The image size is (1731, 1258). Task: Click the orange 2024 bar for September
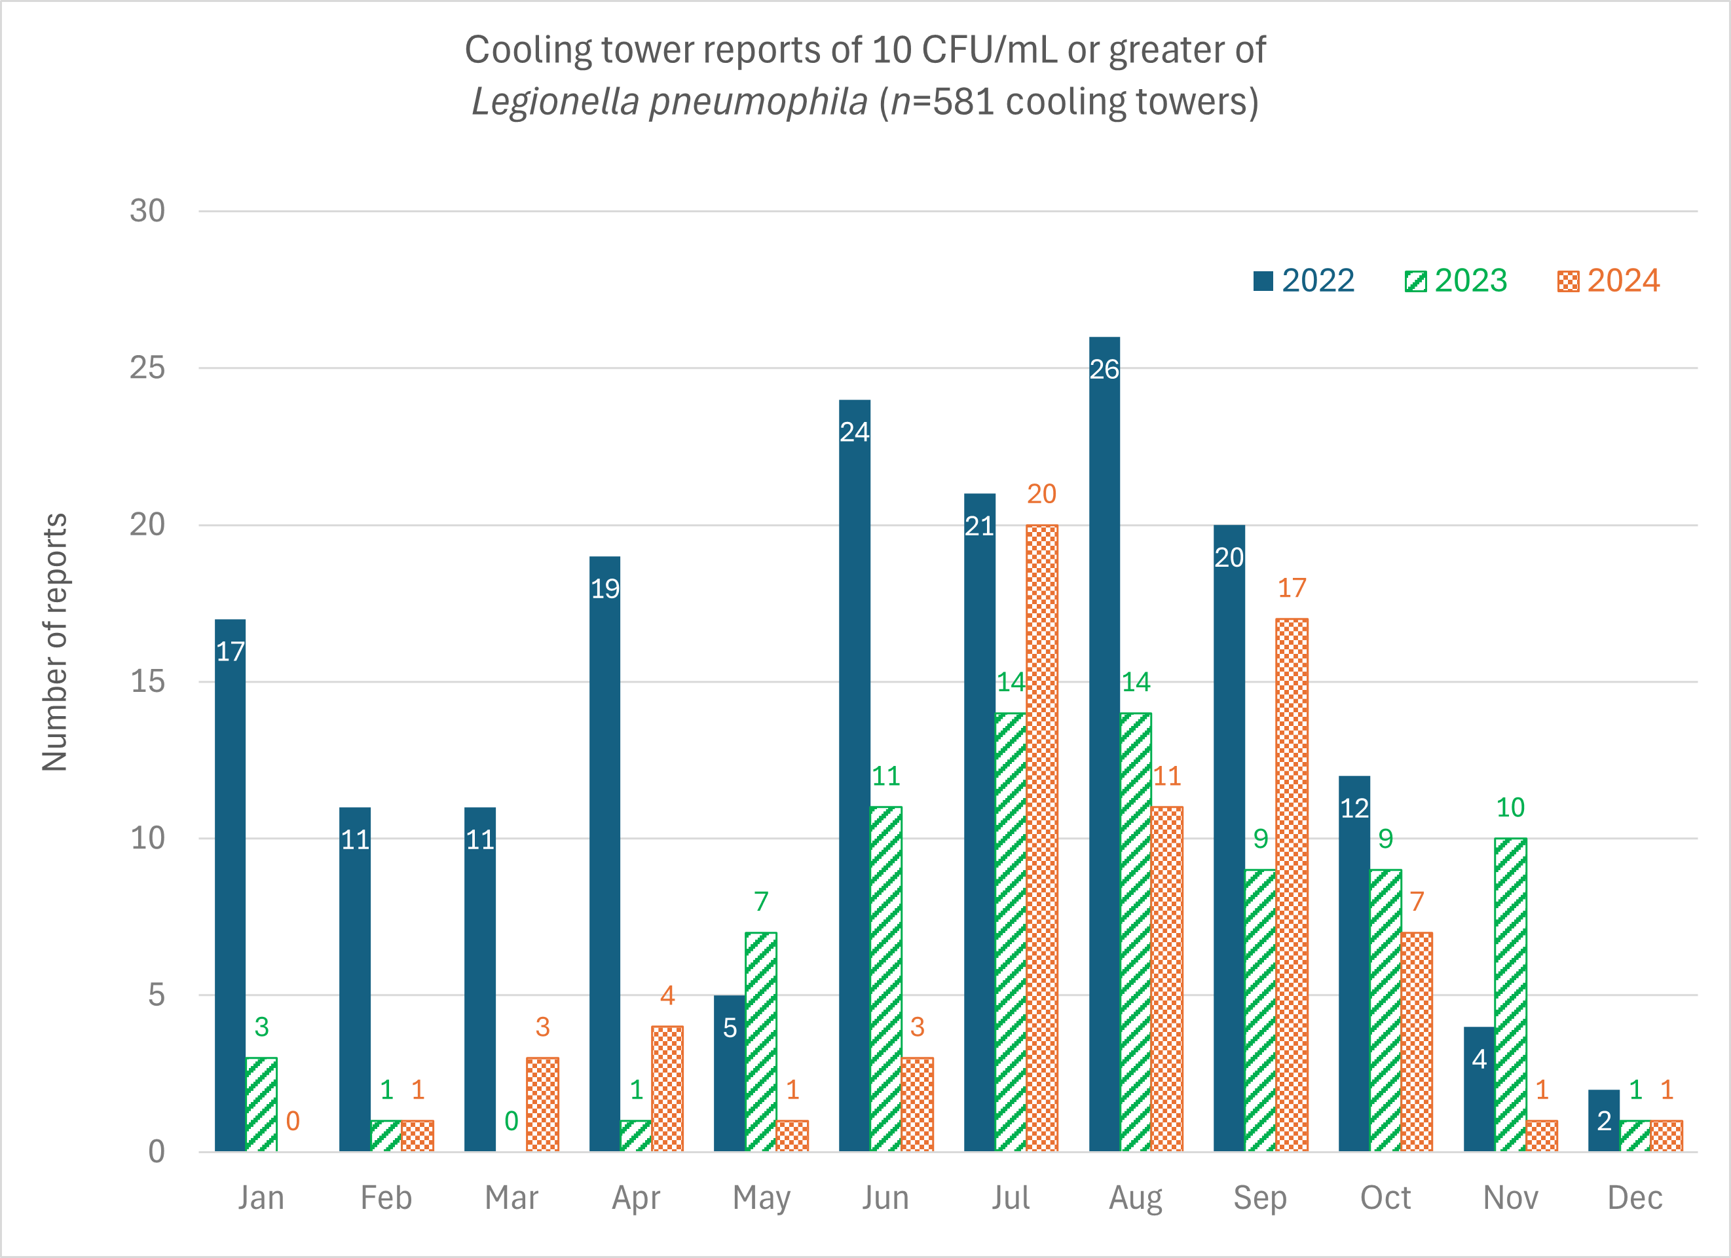[x=1292, y=885]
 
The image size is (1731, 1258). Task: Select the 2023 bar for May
[x=761, y=1042]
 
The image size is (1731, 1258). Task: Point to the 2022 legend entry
[x=1303, y=281]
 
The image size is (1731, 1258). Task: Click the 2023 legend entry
[x=1456, y=281]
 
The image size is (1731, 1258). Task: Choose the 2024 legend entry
[x=1609, y=281]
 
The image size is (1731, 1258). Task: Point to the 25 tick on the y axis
[x=147, y=368]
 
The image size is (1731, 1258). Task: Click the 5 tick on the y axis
[x=156, y=995]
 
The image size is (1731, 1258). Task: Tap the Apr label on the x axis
[x=636, y=1198]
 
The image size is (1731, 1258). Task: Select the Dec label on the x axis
[x=1634, y=1198]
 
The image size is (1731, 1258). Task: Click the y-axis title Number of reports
[x=55, y=642]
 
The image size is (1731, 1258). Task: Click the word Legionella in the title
[x=555, y=102]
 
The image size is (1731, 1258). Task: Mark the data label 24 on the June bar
[x=854, y=432]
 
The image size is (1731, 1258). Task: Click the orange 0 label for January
[x=292, y=1120]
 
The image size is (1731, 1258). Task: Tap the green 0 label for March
[x=512, y=1120]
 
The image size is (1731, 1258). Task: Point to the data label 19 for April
[x=605, y=588]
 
